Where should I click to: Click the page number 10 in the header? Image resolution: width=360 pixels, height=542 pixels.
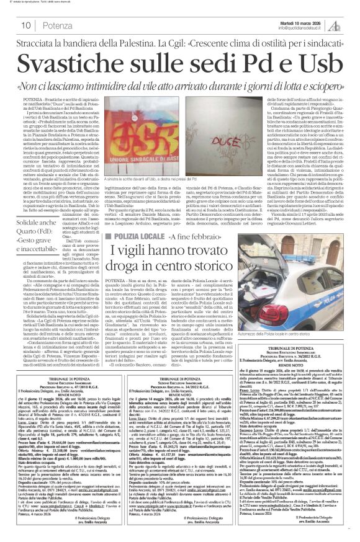click(26, 24)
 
